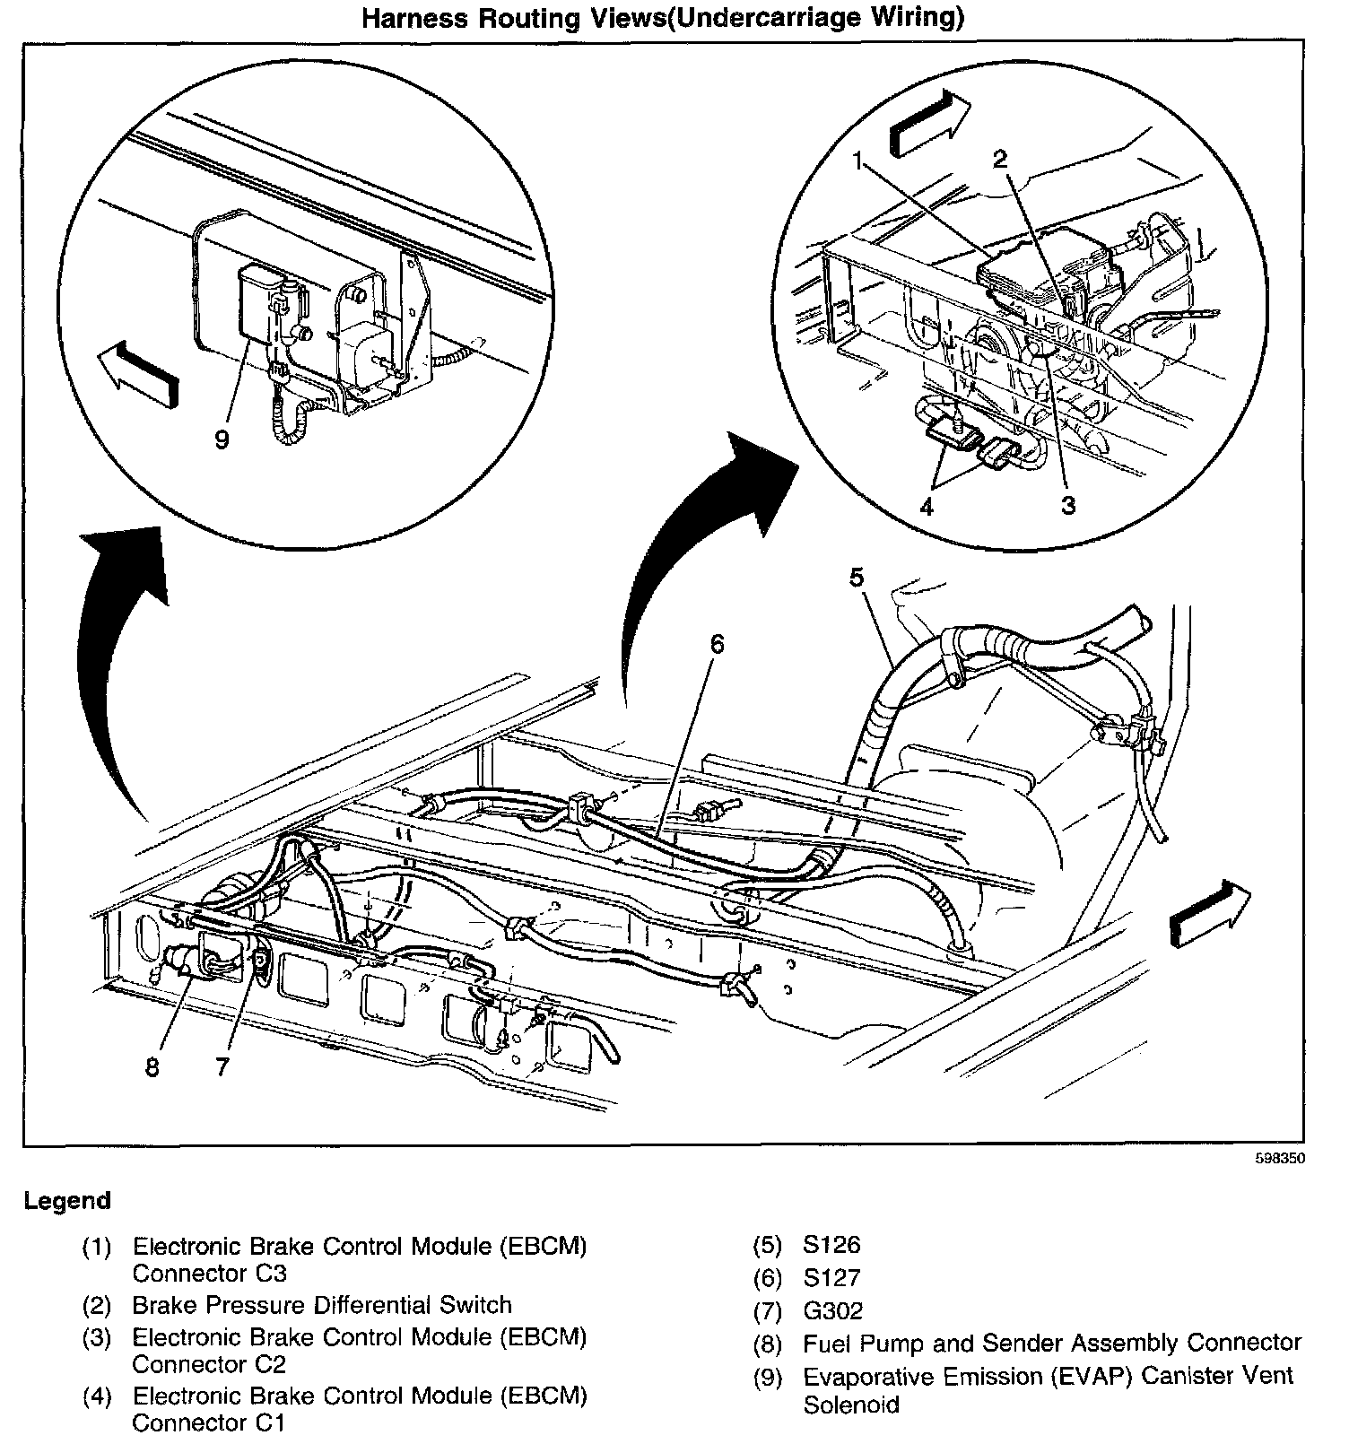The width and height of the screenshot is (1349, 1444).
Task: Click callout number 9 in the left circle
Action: pyautogui.click(x=222, y=439)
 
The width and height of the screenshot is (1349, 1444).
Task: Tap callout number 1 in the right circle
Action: pyautogui.click(x=858, y=161)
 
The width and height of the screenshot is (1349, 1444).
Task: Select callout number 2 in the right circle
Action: pyautogui.click(x=999, y=160)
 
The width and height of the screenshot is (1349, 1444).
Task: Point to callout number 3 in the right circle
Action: pyautogui.click(x=1067, y=505)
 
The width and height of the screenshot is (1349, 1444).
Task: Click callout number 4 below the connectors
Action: pyautogui.click(x=926, y=507)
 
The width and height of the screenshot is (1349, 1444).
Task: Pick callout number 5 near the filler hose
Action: pyautogui.click(x=857, y=577)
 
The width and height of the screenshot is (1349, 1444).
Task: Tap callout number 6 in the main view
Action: pyautogui.click(x=716, y=644)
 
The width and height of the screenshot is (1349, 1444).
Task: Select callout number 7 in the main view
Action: pyautogui.click(x=222, y=1066)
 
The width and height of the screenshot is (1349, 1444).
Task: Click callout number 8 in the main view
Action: pyautogui.click(x=152, y=1067)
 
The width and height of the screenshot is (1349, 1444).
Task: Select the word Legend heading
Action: pyautogui.click(x=68, y=1201)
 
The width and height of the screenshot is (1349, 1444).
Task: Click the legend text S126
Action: pyautogui.click(x=831, y=1245)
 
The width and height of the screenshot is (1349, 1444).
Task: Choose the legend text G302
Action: pyautogui.click(x=833, y=1310)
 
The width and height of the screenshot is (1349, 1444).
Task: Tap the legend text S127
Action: pyautogui.click(x=831, y=1277)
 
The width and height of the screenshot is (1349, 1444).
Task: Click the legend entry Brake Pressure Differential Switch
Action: pyautogui.click(x=322, y=1305)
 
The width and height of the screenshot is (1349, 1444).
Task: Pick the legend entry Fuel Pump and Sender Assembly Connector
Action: pyautogui.click(x=1051, y=1343)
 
